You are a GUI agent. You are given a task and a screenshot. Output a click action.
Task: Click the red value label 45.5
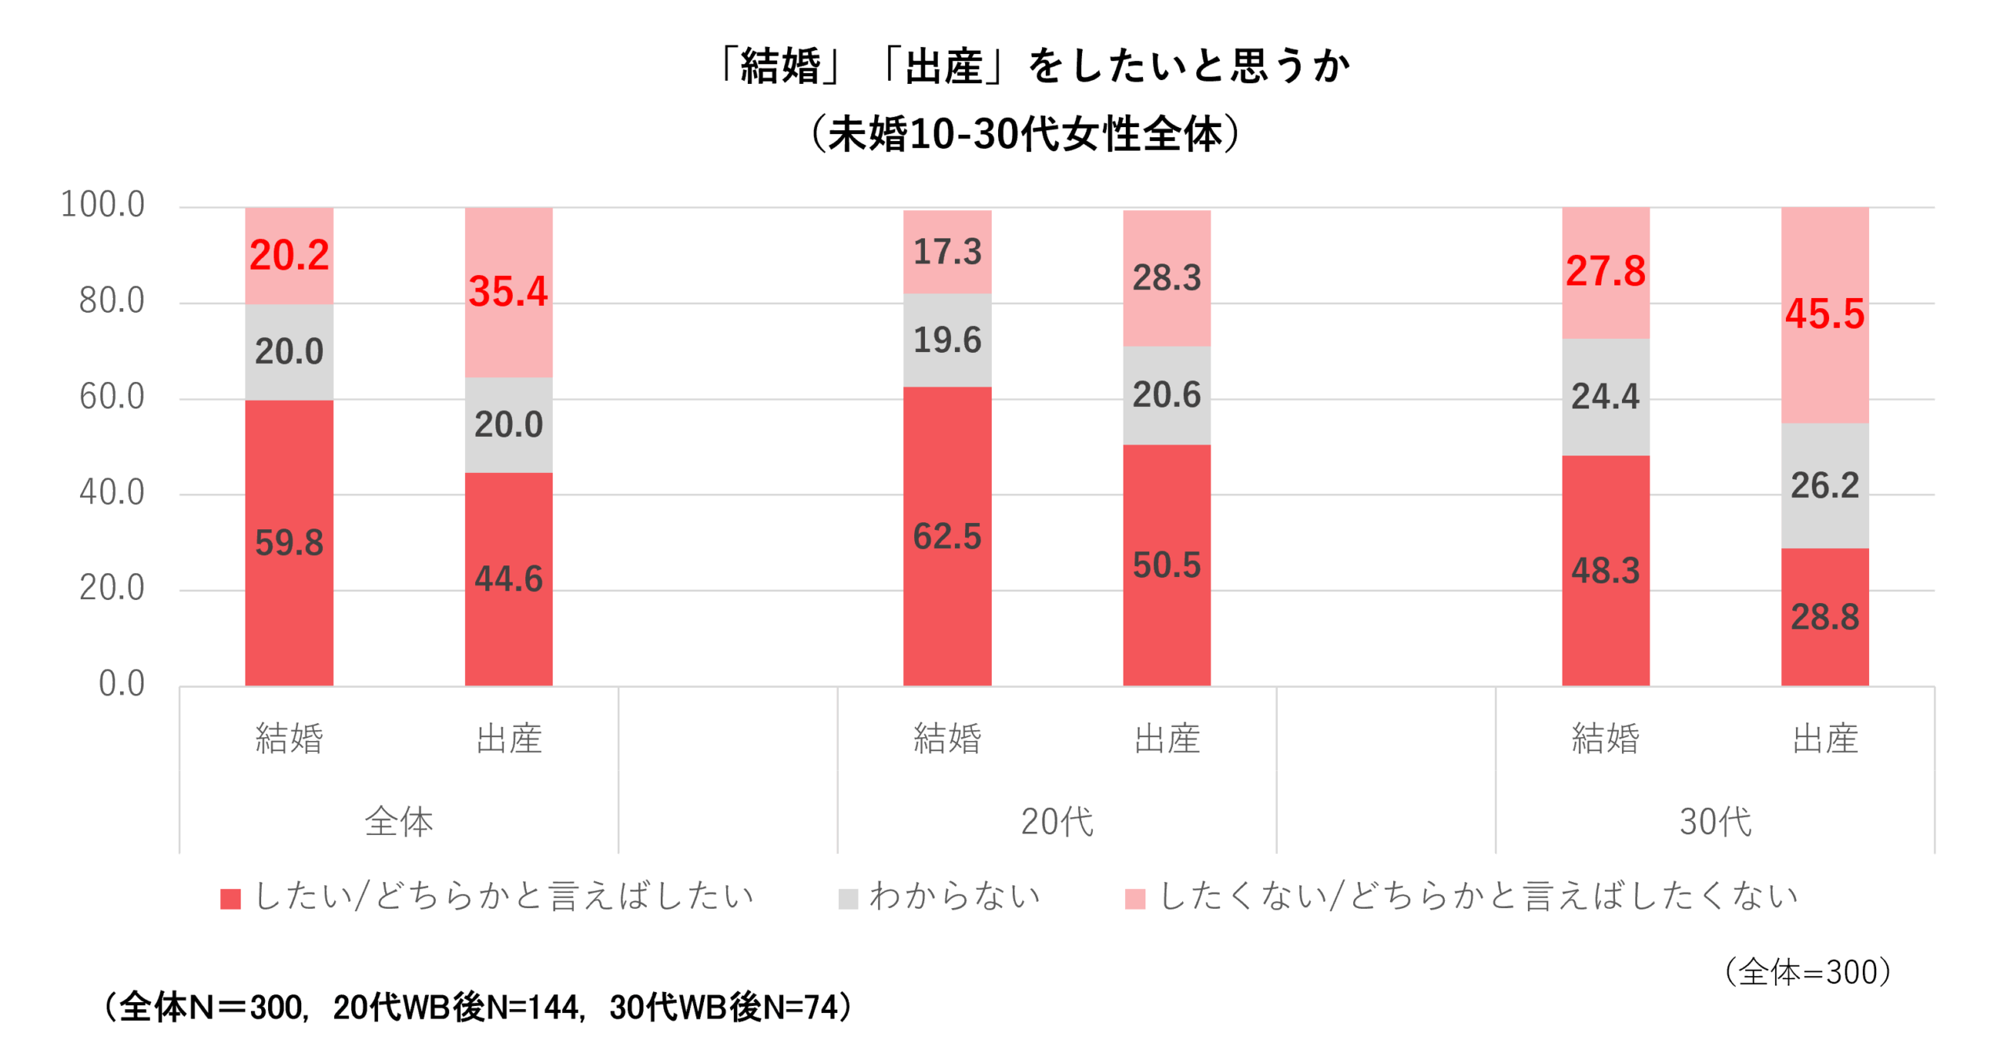pyautogui.click(x=1824, y=314)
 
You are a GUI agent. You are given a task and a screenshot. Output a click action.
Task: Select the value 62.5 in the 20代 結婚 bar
pyautogui.click(x=947, y=537)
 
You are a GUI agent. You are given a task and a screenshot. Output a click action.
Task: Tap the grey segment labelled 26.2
pyautogui.click(x=1824, y=485)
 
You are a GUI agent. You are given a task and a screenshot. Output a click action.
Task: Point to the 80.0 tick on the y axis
pyautogui.click(x=111, y=301)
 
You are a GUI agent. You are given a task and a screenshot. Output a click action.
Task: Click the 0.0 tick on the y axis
pyautogui.click(x=122, y=685)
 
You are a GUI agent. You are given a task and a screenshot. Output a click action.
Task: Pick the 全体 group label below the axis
pyautogui.click(x=398, y=822)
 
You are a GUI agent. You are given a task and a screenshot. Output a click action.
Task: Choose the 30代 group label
pyautogui.click(x=1715, y=822)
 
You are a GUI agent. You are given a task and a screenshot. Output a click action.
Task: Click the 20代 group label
pyautogui.click(x=1057, y=822)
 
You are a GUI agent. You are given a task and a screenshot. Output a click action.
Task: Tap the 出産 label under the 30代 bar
pyautogui.click(x=1825, y=739)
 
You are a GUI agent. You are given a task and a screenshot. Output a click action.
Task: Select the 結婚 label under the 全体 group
pyautogui.click(x=289, y=739)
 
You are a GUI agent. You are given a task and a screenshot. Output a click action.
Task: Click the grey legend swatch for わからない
pyautogui.click(x=848, y=899)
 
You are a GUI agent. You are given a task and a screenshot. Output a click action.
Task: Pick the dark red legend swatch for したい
pyautogui.click(x=230, y=899)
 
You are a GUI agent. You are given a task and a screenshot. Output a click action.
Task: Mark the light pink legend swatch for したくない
pyautogui.click(x=1134, y=899)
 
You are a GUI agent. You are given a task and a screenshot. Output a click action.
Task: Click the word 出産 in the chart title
pyautogui.click(x=944, y=66)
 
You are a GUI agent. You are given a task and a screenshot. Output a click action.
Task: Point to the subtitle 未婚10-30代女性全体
pyautogui.click(x=1025, y=134)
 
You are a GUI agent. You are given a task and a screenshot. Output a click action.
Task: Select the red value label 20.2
pyautogui.click(x=289, y=256)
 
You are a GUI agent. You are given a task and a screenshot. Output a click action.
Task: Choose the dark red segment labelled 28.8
pyautogui.click(x=1824, y=617)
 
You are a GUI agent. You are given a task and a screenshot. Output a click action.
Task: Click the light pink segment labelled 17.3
pyautogui.click(x=947, y=252)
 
